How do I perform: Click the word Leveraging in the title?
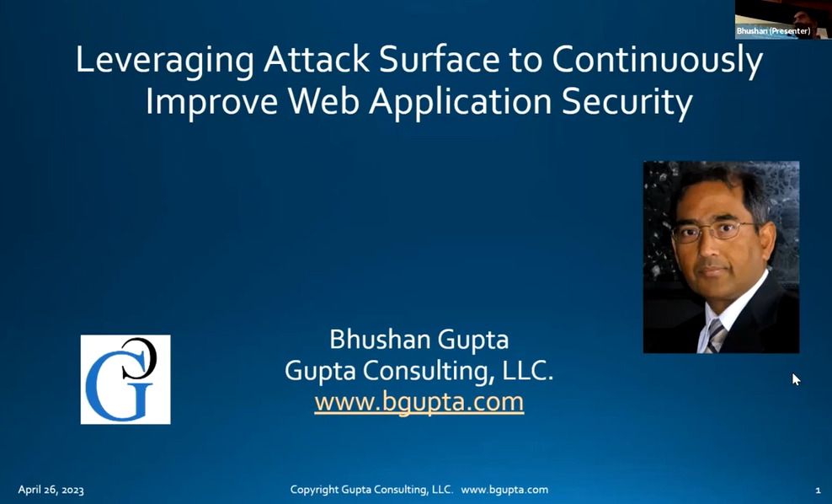click(x=165, y=60)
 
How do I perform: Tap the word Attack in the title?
click(x=317, y=59)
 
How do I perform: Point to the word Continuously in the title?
click(x=658, y=61)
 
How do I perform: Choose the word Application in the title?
click(x=461, y=103)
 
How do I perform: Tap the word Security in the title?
click(x=627, y=103)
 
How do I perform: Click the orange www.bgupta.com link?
click(x=419, y=401)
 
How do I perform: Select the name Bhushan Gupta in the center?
click(x=419, y=340)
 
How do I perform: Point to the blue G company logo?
click(x=125, y=379)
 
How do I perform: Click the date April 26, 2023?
click(x=51, y=490)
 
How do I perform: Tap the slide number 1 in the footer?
click(x=818, y=490)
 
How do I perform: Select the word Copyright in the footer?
click(x=314, y=490)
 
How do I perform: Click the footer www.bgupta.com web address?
click(x=504, y=490)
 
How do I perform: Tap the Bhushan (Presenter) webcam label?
click(x=773, y=31)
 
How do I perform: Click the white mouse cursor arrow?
click(x=796, y=379)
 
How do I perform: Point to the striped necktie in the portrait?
click(x=715, y=336)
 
